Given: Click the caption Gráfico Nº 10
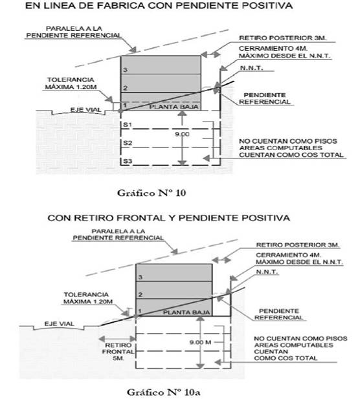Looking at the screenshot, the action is [152, 193].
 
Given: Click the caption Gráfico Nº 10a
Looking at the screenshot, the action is [163, 392].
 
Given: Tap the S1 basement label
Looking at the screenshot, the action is [128, 125].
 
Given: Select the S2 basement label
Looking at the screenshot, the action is [128, 143].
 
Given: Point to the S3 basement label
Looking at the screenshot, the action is [128, 161].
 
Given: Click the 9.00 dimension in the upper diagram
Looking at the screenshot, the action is [182, 134].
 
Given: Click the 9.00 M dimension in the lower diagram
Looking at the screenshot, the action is [200, 342].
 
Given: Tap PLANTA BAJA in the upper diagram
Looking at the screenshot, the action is [174, 107].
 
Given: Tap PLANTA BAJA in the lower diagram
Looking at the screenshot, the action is [186, 312].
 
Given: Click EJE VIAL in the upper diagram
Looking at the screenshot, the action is [85, 110].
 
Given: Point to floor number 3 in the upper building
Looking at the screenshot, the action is [125, 70].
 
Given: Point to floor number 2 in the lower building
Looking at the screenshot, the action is [140, 295].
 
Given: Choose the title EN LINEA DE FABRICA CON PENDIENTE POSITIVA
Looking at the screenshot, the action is [159, 6].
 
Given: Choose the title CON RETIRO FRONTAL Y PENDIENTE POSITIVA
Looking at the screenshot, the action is [168, 218].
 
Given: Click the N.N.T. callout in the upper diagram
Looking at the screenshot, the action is [251, 68].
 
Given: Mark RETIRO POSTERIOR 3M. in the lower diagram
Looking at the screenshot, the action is [298, 245].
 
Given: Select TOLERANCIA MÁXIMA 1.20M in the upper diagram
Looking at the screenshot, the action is [71, 83].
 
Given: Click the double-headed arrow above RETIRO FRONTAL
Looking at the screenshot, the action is [117, 339].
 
